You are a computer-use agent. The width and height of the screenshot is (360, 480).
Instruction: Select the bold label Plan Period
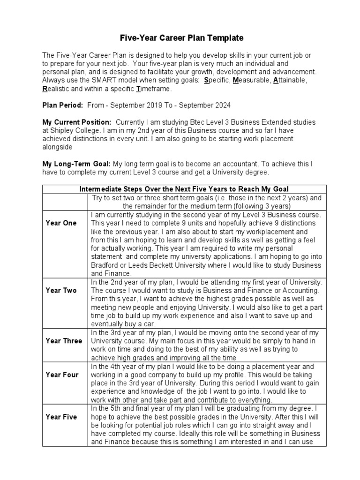(63, 105)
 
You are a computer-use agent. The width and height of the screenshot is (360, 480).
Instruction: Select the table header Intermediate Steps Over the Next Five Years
(184, 189)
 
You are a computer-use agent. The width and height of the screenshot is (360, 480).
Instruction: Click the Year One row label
(61, 223)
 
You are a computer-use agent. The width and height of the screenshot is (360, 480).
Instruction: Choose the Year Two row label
(61, 290)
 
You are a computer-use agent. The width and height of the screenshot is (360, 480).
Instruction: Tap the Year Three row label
(64, 341)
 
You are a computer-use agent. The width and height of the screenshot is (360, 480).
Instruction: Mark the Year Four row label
(62, 375)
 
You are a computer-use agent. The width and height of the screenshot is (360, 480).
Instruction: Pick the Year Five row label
(61, 417)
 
